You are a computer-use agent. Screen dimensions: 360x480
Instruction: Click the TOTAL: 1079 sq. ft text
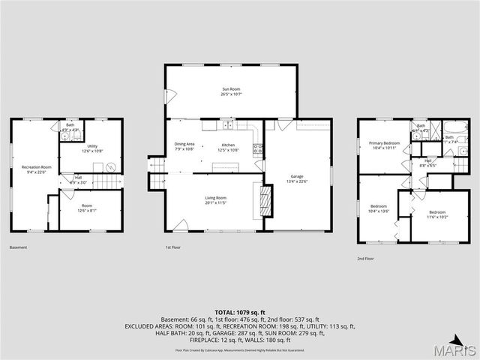pos(240,312)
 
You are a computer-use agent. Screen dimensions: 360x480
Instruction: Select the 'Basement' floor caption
pos(18,247)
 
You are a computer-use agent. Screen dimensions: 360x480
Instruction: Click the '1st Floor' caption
pos(173,247)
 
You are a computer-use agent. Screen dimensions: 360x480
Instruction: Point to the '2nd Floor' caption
pos(366,258)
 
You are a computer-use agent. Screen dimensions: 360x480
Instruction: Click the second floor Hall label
pos(427,161)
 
